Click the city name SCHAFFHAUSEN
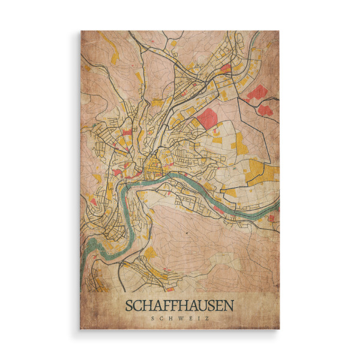(180, 305)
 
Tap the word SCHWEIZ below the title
(180, 319)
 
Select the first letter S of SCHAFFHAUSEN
(130, 305)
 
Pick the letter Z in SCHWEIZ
(207, 319)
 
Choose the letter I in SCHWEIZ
(199, 319)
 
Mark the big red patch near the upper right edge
(257, 93)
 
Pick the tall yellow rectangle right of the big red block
(239, 142)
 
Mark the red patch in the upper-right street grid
(226, 68)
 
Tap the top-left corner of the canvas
(81, 31)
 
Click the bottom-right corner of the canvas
(279, 329)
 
